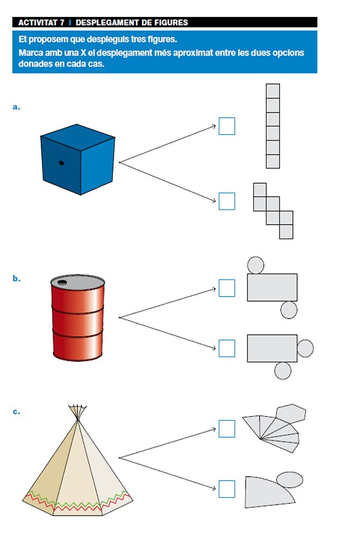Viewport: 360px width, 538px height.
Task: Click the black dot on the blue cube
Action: pos(61,163)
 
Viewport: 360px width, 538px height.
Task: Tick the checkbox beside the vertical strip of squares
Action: pos(226,127)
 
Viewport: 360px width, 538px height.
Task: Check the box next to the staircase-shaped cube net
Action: pos(226,201)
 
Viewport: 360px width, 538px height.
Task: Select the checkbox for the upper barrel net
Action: pos(226,288)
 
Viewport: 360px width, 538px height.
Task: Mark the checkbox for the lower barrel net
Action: pos(226,348)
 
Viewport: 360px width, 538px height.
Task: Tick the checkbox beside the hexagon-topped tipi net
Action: pos(226,429)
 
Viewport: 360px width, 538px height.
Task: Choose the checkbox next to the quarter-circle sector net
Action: pos(226,489)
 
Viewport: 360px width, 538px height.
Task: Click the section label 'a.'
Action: pos(16,107)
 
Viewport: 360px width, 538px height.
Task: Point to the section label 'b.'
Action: pos(16,278)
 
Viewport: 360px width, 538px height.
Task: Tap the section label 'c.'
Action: pos(16,411)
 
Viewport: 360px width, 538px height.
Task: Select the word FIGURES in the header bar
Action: pos(169,23)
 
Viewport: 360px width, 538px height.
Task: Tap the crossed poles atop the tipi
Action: pos(76,410)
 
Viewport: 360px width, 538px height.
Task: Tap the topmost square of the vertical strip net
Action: pos(272,91)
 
